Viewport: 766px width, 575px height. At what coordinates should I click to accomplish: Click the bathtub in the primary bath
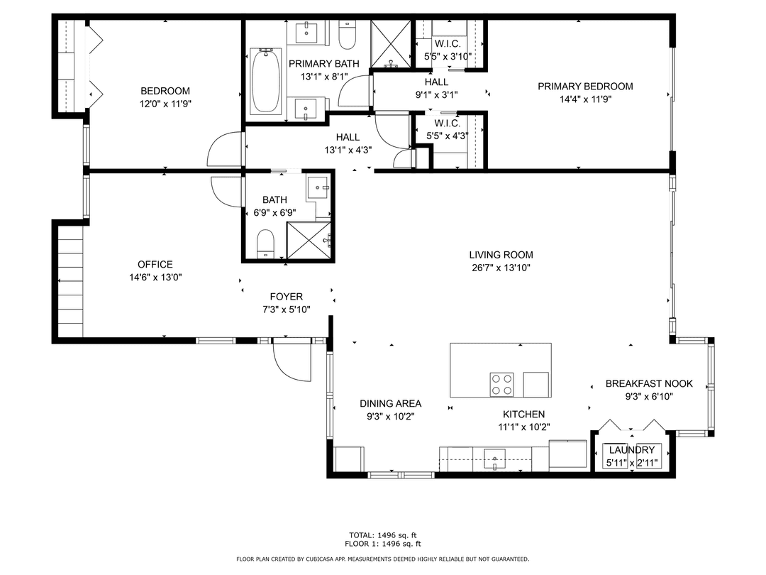click(x=265, y=80)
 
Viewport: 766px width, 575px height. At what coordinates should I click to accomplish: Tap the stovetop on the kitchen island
click(x=501, y=384)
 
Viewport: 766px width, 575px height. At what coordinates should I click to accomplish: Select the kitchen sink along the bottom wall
click(x=494, y=459)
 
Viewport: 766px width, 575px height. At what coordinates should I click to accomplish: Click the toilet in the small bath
click(x=265, y=243)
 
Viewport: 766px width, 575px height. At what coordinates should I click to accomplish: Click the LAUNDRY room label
click(x=631, y=450)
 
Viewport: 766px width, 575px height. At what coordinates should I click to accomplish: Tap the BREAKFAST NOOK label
click(x=649, y=384)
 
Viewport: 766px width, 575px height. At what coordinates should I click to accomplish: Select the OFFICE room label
click(x=155, y=265)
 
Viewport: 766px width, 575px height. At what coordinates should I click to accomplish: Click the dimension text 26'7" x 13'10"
click(x=501, y=268)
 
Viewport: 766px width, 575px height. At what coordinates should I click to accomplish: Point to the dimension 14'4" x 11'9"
click(x=585, y=99)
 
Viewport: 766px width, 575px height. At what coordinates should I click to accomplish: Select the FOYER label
click(x=287, y=297)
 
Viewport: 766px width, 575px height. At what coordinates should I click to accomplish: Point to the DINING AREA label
click(x=390, y=403)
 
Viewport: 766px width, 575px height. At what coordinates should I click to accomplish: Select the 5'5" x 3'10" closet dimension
click(x=448, y=56)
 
